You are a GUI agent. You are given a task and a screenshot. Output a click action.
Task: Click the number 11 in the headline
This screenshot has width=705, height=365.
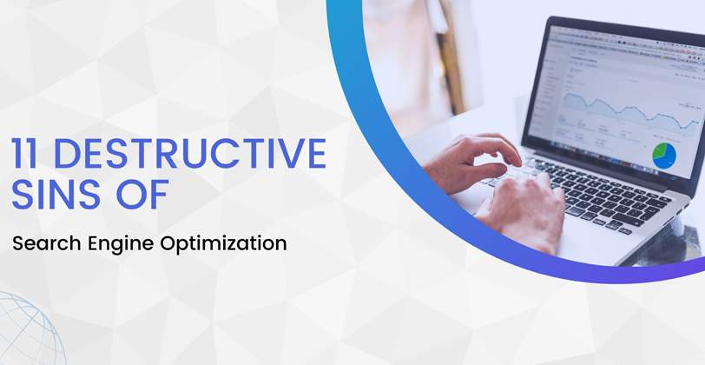[24, 154]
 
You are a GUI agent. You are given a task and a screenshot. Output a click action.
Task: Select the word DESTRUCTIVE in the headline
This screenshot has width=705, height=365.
[190, 154]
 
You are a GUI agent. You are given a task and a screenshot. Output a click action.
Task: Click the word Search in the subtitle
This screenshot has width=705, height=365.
[47, 243]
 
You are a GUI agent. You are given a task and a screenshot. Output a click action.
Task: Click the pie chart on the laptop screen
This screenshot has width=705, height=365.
[664, 156]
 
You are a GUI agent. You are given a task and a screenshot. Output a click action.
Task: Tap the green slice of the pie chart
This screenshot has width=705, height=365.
[657, 151]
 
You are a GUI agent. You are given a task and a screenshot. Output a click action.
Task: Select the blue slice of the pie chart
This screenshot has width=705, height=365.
[667, 157]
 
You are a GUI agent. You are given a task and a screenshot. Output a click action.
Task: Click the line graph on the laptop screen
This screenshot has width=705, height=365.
[629, 110]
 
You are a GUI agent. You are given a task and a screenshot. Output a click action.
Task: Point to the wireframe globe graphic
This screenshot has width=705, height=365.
[27, 328]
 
